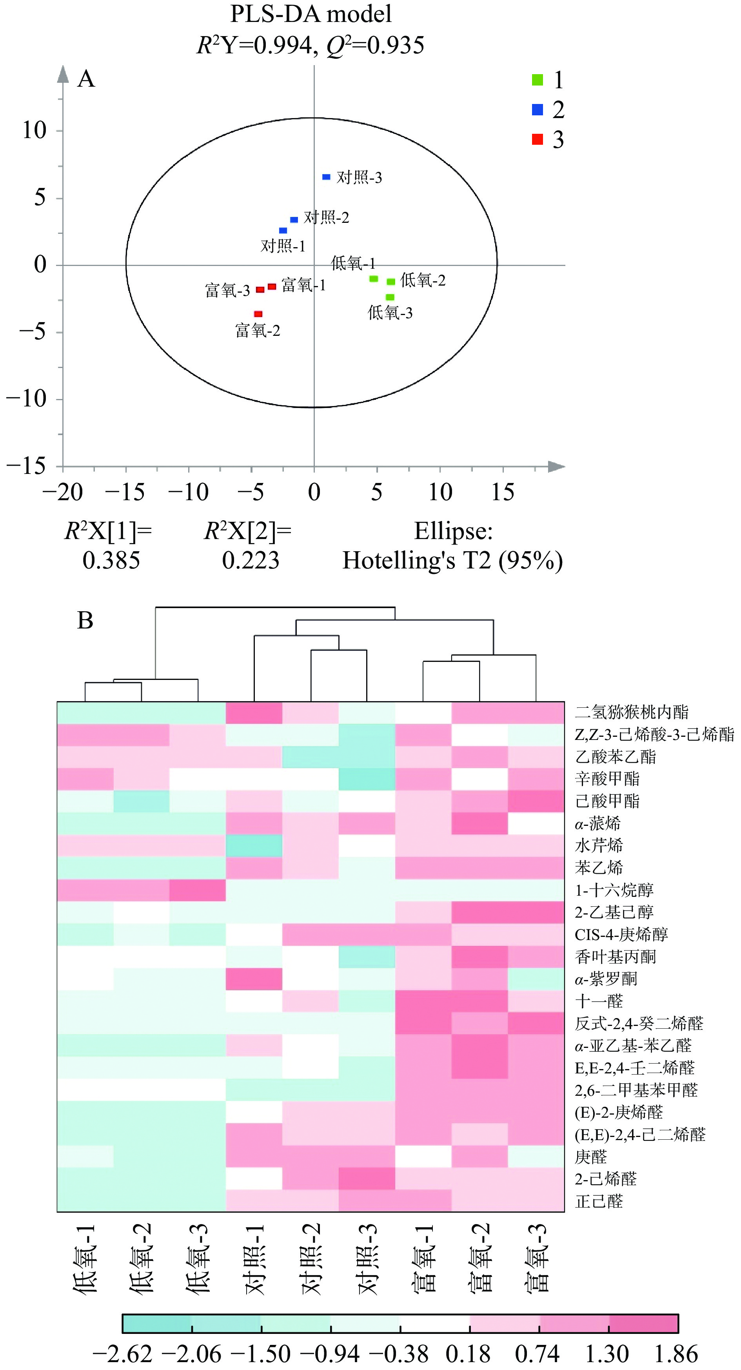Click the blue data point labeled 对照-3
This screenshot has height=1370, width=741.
tap(326, 177)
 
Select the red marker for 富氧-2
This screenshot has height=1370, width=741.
tap(258, 314)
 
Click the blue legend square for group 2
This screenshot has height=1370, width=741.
tap(538, 109)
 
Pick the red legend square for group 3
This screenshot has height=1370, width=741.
tap(538, 139)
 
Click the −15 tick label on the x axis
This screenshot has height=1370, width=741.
tap(125, 492)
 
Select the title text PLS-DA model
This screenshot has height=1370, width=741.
tap(311, 14)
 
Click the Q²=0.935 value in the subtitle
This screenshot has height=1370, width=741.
tap(375, 45)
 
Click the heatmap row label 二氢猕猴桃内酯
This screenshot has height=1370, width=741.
tap(632, 712)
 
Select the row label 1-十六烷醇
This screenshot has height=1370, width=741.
tap(614, 890)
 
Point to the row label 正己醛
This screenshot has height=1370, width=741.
tap(599, 1201)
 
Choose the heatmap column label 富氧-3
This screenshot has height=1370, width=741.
tap(536, 1258)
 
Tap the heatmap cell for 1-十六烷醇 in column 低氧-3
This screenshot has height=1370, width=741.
tap(198, 890)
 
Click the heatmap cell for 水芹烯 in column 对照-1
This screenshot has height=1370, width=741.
tap(254, 845)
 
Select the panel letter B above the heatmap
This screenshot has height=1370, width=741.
tap(85, 621)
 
